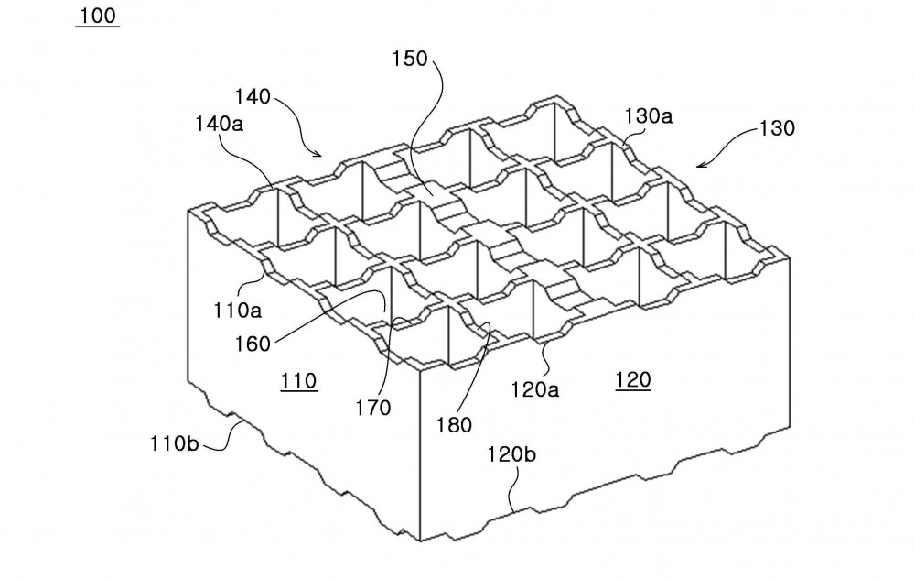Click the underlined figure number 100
pyautogui.click(x=98, y=16)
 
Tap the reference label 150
pyautogui.click(x=410, y=59)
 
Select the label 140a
pyautogui.click(x=219, y=124)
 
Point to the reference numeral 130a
pyautogui.click(x=649, y=116)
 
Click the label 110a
pyautogui.click(x=237, y=311)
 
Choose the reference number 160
pyautogui.click(x=253, y=344)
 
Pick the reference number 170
pyautogui.click(x=373, y=408)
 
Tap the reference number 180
pyautogui.click(x=454, y=425)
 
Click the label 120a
pyautogui.click(x=535, y=389)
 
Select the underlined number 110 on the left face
pyautogui.click(x=299, y=382)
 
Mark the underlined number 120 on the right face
pyautogui.click(x=633, y=381)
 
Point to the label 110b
pyautogui.click(x=175, y=443)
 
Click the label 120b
pyautogui.click(x=511, y=454)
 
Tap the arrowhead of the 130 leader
pyautogui.click(x=698, y=166)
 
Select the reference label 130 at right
pyautogui.click(x=777, y=128)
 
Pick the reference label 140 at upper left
pyautogui.click(x=253, y=96)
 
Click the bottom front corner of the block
pyautogui.click(x=420, y=541)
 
